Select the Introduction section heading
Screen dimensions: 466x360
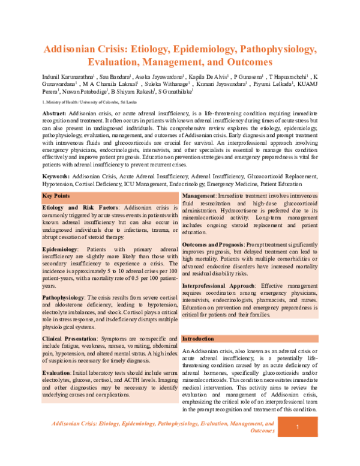pos(199,339)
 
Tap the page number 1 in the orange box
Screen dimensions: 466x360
pos(298,427)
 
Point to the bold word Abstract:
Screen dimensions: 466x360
pos(55,113)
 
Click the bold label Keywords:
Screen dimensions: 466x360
pos(56,176)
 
